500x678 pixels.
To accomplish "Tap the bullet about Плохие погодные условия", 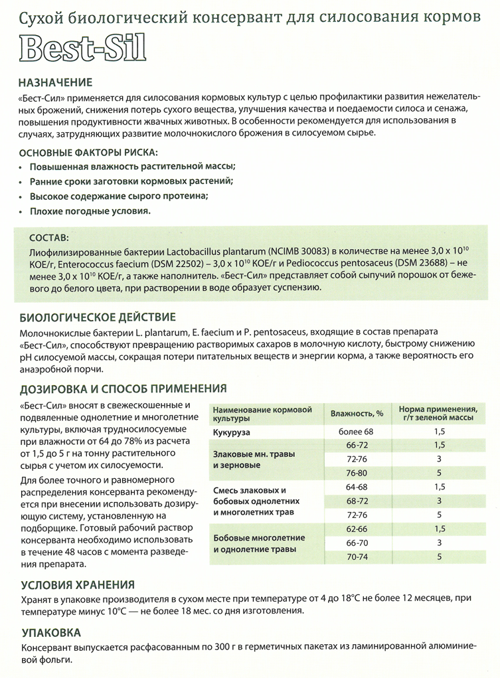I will click(90, 211).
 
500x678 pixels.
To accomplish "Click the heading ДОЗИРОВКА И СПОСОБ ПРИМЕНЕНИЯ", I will click(124, 388).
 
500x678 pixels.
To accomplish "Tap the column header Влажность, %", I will click(357, 414).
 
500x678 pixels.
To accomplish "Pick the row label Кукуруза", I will click(232, 433).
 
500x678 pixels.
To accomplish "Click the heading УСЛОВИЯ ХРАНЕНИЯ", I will click(78, 584).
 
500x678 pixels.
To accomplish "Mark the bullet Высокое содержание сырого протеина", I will click(119, 196).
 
